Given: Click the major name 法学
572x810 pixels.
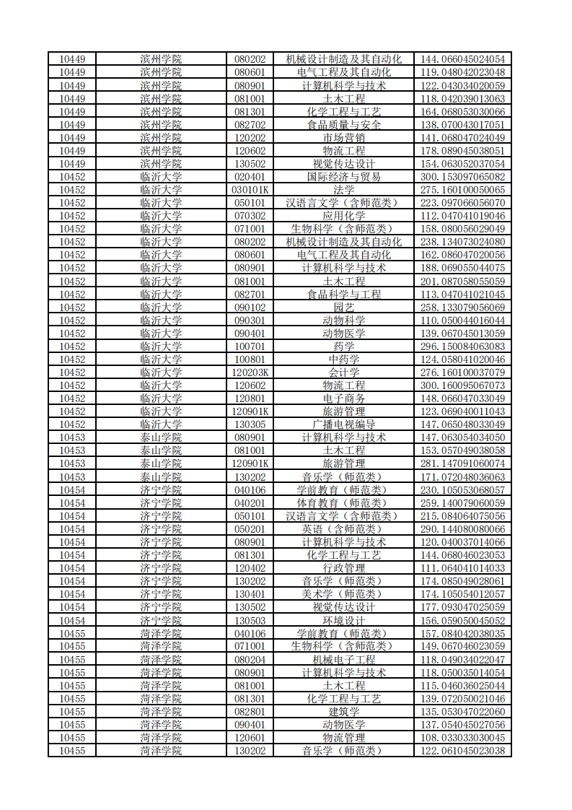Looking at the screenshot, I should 343,190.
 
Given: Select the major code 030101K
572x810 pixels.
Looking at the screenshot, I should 250,190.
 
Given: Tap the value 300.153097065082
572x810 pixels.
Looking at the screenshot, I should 462,177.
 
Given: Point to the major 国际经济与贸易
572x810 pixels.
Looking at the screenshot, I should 343,177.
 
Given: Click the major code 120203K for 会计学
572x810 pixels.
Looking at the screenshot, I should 250,373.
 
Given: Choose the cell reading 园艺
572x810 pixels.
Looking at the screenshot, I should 343,308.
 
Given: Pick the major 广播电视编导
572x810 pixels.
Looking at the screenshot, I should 343,424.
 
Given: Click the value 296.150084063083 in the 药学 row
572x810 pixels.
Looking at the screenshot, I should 462,347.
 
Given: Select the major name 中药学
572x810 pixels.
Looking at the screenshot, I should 343,360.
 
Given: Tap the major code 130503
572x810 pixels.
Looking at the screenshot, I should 250,621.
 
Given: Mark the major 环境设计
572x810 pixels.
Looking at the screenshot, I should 343,621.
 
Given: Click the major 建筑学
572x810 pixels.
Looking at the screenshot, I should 343,712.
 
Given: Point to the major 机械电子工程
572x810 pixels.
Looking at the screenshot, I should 343,660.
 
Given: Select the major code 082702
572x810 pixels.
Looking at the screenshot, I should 250,125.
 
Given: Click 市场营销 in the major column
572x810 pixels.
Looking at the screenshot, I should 343,138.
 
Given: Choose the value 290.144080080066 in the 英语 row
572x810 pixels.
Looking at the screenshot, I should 462,529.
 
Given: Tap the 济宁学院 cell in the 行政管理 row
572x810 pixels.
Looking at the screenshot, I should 161,568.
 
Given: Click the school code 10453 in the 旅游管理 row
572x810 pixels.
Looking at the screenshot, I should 72,463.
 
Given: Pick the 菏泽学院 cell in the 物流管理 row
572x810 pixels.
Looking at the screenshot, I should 161,738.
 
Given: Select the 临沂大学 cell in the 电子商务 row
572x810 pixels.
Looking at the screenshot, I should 161,399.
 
